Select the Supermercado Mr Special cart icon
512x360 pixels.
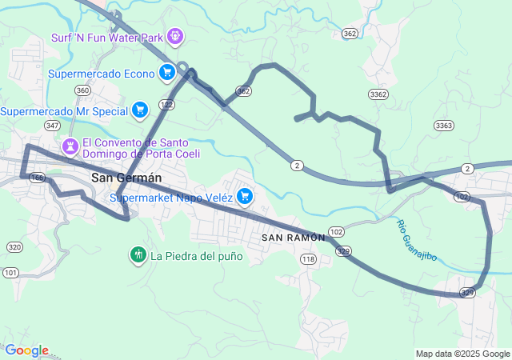coord(140,110)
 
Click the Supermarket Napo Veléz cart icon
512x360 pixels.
coord(245,196)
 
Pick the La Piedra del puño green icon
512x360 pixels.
coord(138,256)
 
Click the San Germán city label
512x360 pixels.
coord(126,178)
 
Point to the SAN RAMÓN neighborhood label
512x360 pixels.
coord(294,238)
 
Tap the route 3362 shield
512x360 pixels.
coord(379,94)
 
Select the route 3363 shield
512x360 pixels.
coord(444,126)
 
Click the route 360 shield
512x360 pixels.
coord(82,90)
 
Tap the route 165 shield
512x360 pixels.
coord(37,178)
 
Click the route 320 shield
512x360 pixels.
coord(14,246)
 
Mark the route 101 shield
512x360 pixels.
coord(10,273)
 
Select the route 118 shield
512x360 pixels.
coord(308,259)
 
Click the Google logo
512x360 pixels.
coord(26,350)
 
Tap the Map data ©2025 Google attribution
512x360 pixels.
coord(462,354)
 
